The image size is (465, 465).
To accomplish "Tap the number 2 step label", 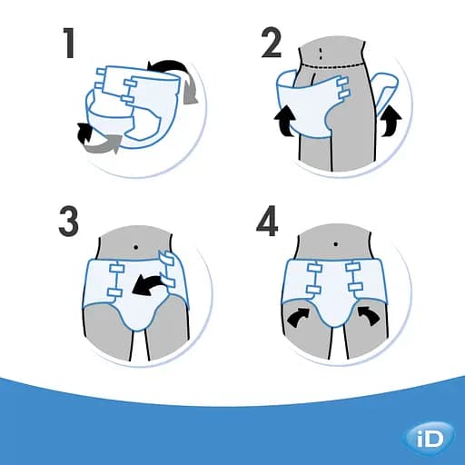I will coord(272,44).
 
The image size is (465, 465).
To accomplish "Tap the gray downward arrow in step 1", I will coord(193,91).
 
